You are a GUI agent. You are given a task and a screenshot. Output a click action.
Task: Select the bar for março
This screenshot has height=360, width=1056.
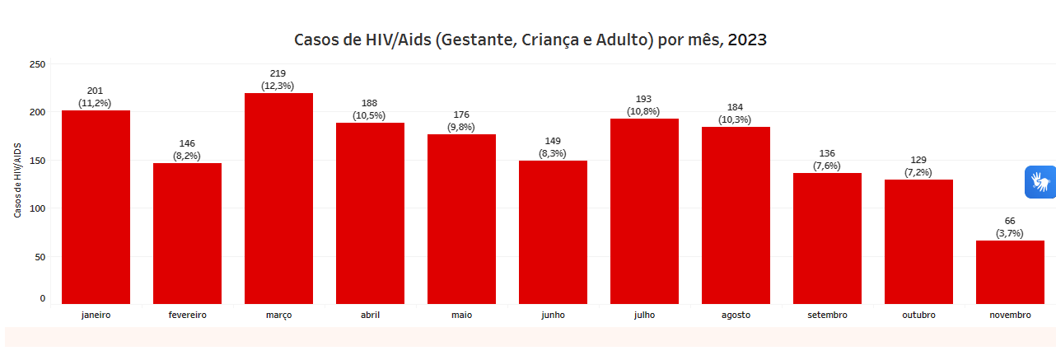point(278,199)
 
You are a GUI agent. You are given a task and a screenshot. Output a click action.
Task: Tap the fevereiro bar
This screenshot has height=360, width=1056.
point(187,233)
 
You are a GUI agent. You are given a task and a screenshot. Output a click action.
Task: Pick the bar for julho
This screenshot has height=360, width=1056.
point(644,211)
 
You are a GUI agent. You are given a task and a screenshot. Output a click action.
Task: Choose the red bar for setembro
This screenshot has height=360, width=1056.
point(827,238)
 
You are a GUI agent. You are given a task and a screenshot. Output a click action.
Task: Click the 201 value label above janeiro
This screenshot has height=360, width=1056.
point(95,91)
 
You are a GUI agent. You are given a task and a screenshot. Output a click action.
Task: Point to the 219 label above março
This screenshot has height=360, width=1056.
point(278,73)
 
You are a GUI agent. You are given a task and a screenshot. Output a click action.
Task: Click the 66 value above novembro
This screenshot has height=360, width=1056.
point(1010,221)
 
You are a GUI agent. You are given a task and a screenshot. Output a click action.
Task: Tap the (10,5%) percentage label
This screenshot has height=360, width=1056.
point(369,115)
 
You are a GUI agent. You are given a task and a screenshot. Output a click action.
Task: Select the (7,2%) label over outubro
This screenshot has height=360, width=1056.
point(918,172)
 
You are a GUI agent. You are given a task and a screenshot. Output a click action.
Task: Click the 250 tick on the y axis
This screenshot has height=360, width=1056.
point(37,64)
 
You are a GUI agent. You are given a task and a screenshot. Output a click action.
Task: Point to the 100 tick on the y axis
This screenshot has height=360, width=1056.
point(37,208)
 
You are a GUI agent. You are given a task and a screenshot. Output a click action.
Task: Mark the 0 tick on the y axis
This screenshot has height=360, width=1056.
point(42,298)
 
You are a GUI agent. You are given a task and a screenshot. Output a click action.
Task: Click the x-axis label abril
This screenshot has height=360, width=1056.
point(370,315)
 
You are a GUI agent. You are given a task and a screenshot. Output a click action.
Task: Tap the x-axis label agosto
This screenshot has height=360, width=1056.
point(736,315)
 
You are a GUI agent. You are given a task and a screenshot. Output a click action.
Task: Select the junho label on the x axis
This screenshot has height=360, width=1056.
point(553,315)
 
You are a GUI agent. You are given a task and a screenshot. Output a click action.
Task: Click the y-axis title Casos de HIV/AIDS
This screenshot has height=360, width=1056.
point(17,180)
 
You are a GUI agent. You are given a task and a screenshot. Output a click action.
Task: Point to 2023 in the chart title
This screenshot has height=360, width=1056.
point(747,40)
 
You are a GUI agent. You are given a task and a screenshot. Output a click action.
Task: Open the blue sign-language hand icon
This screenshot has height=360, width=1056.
point(1040,181)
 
